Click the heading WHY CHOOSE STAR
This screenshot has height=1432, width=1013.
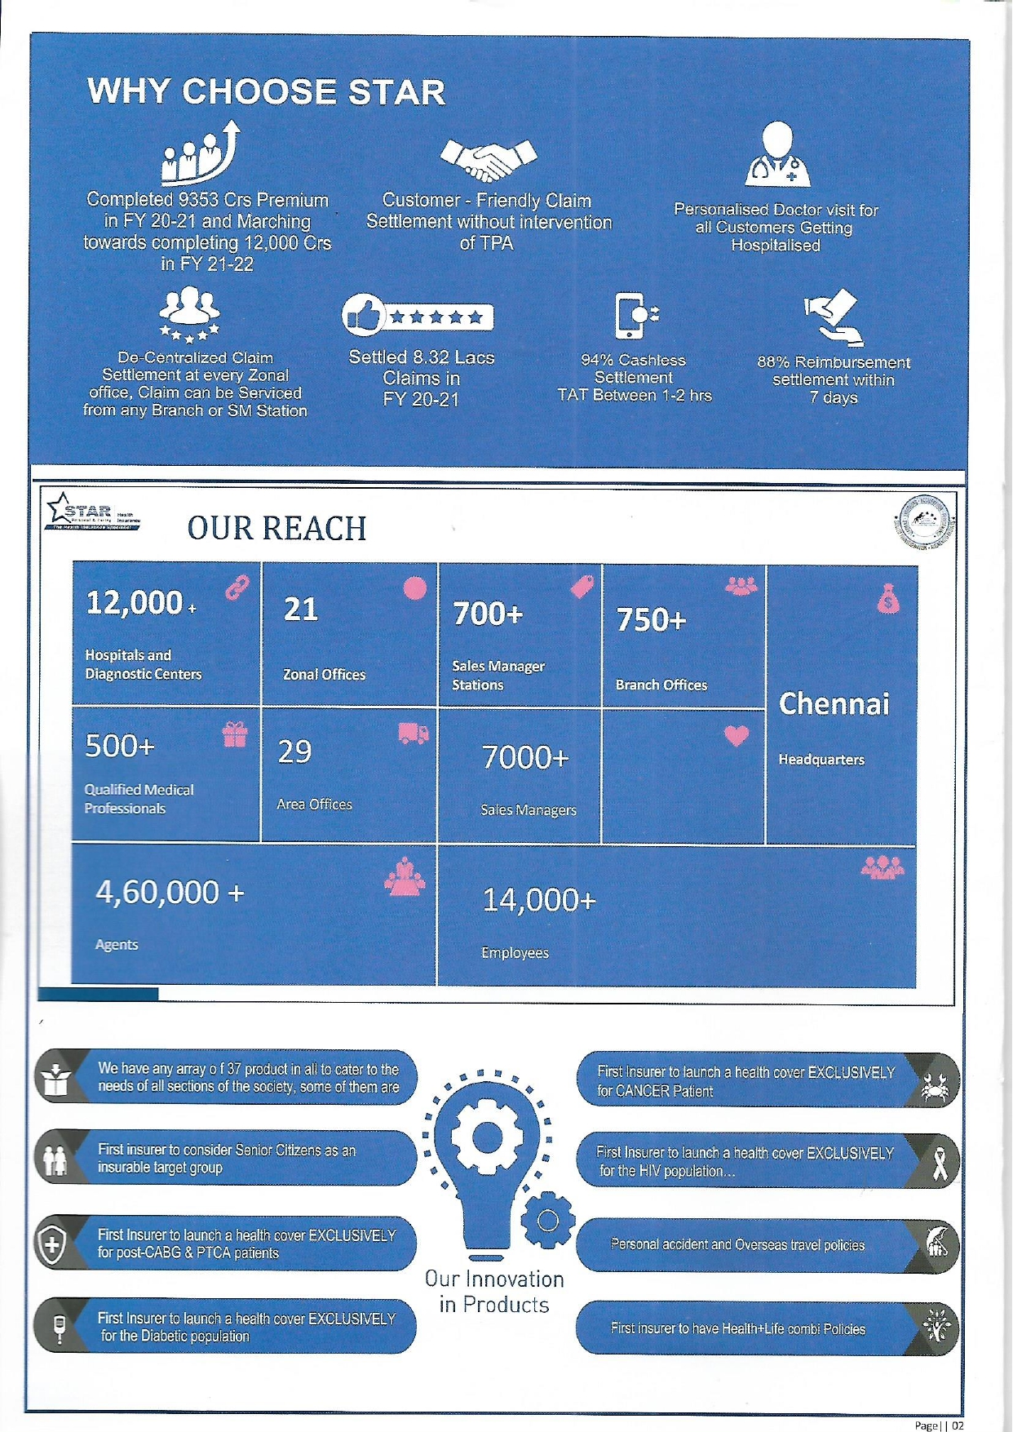[x=266, y=91]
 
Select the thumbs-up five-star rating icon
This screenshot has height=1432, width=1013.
[x=418, y=316]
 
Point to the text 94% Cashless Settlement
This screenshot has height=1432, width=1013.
[x=634, y=369]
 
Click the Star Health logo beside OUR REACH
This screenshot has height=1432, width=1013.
[x=93, y=512]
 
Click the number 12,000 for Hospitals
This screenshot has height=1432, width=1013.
[x=135, y=603]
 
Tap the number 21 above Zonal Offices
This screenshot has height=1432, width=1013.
[x=300, y=609]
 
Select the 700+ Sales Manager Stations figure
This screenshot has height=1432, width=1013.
[x=488, y=614]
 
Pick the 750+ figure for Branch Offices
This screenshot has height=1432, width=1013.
[x=651, y=620]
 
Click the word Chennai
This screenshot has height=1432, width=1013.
[x=834, y=704]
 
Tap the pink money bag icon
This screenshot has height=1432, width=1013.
[x=888, y=600]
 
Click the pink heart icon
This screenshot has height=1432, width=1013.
[x=737, y=736]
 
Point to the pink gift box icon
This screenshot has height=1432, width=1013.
[x=235, y=734]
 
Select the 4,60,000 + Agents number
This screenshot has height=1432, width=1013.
[x=170, y=893]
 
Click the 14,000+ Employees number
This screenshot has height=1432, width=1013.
[x=539, y=900]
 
